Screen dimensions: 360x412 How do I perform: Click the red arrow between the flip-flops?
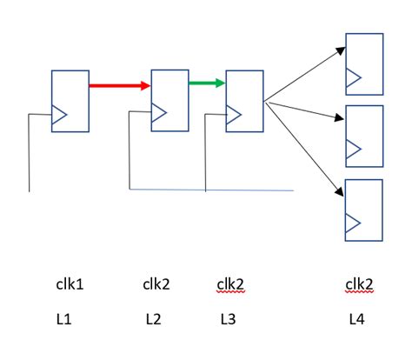tap(120, 85)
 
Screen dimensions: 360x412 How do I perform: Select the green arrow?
tap(207, 83)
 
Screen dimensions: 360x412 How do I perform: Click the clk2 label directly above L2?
tap(156, 284)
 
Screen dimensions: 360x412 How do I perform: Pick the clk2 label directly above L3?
tap(228, 284)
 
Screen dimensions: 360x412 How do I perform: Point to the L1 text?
tap(63, 319)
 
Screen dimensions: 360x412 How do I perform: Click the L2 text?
tap(153, 319)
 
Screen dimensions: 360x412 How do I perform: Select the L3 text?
tap(228, 319)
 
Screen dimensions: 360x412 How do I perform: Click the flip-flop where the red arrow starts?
tap(70, 101)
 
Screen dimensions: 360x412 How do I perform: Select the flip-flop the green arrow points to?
tap(244, 101)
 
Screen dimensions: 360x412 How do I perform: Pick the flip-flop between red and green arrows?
tap(170, 100)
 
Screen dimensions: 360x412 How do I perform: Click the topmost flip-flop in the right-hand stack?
tap(364, 63)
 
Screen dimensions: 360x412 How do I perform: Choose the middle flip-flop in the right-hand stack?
tap(364, 136)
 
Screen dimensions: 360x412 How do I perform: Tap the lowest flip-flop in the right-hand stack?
tap(364, 209)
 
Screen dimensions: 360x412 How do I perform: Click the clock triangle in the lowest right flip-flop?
tap(353, 223)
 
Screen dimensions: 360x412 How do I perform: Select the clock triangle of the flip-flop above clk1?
tap(58, 115)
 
